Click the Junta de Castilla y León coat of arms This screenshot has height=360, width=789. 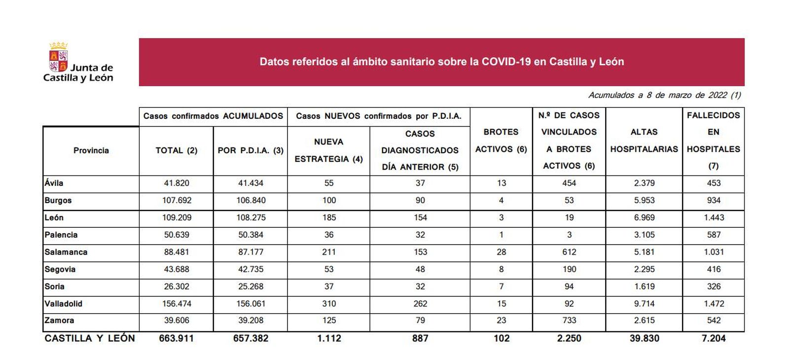pos(58,57)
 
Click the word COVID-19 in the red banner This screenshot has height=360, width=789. pos(506,62)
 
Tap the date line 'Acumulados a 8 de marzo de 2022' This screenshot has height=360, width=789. pos(664,95)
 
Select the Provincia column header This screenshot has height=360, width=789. pos(91,150)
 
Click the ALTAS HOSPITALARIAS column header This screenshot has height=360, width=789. pos(644,141)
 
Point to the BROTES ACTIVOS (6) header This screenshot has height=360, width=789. pos(501,141)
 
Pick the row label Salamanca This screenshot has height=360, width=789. pos(66,252)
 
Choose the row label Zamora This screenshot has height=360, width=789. pos(59,321)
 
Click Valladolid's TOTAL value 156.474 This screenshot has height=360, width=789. pos(177,304)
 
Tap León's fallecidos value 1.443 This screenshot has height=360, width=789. pos(714,217)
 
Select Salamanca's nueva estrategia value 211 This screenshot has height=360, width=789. pos(329,252)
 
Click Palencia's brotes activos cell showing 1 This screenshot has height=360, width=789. pos(501,235)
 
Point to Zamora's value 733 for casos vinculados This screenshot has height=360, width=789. pos(569,321)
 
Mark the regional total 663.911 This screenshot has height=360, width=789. pos(177,338)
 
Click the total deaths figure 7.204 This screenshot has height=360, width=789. pos(714,338)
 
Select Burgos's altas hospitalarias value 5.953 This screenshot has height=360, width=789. pos(644,200)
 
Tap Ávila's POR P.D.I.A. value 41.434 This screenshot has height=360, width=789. pos(251,183)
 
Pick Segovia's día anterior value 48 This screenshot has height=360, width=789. pos(420,269)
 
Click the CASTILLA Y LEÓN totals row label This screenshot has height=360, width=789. pos(89,338)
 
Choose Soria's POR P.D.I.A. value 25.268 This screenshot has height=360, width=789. pos(251,287)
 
